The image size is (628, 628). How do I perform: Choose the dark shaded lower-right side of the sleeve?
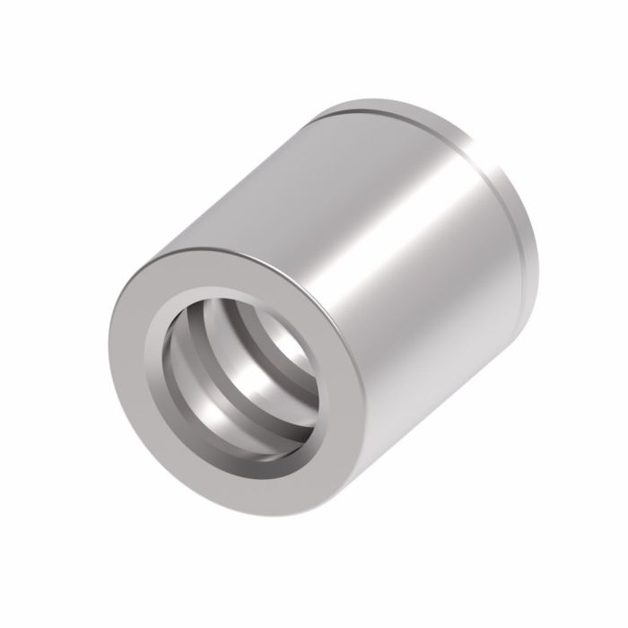[x=449, y=377]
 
